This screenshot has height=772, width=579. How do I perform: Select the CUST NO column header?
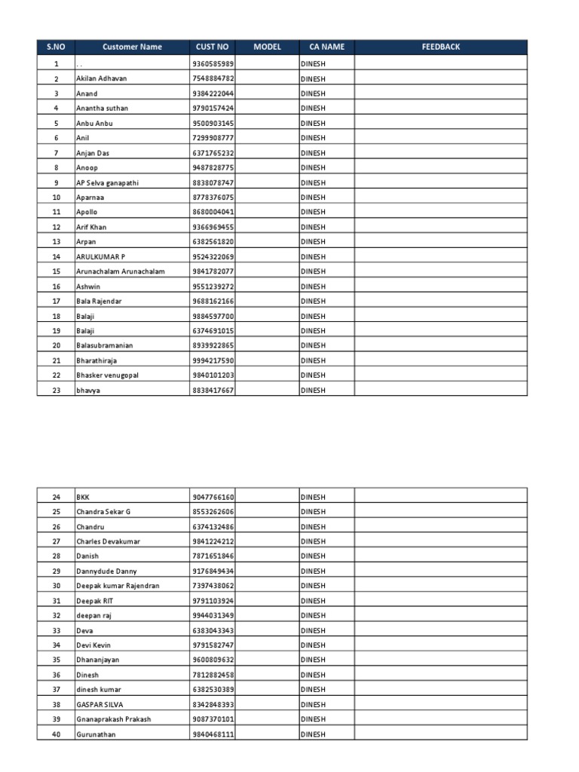(x=213, y=47)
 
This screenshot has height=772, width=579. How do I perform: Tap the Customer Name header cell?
(x=132, y=47)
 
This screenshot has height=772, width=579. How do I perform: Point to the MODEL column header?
(x=267, y=47)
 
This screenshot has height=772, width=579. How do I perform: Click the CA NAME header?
(x=326, y=47)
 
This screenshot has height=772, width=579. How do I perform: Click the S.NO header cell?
(x=56, y=47)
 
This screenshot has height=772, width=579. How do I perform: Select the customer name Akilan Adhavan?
(x=102, y=78)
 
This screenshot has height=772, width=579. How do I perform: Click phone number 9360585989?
(x=213, y=64)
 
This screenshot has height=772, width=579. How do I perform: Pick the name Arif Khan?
(x=92, y=227)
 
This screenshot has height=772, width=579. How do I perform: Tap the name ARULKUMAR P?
(x=100, y=257)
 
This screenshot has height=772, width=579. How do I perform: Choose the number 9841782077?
(x=213, y=271)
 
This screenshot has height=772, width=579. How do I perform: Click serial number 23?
(x=56, y=391)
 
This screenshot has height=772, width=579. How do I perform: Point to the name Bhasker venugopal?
(x=107, y=375)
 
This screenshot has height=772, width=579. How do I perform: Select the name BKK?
(x=83, y=497)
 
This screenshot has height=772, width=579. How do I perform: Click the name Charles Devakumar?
(x=108, y=541)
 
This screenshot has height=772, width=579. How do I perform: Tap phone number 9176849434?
(x=213, y=571)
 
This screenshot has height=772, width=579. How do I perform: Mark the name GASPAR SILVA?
(x=100, y=704)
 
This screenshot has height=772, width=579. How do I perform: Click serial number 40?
(x=56, y=734)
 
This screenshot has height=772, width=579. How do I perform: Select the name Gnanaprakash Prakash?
(x=113, y=719)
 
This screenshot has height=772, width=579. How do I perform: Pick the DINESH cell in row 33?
(x=314, y=630)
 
